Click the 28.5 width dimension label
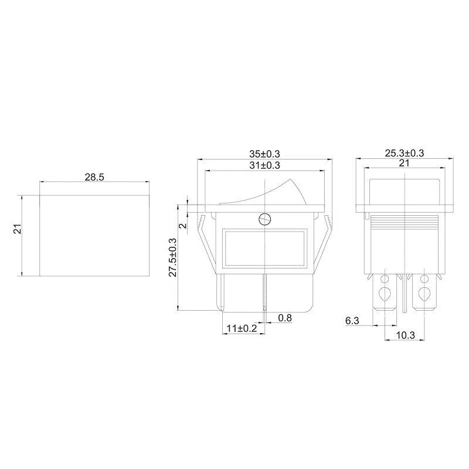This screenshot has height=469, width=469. click(94, 178)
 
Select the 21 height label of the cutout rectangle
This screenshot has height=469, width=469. click(18, 229)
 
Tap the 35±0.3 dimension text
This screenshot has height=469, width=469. click(265, 154)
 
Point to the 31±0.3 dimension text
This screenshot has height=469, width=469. click(265, 165)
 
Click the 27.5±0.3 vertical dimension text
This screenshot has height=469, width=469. click(174, 257)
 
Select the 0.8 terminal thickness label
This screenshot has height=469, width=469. click(285, 318)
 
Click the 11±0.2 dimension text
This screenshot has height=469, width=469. click(242, 328)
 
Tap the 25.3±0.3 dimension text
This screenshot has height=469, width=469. click(405, 153)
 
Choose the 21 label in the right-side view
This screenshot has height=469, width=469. click(404, 164)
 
